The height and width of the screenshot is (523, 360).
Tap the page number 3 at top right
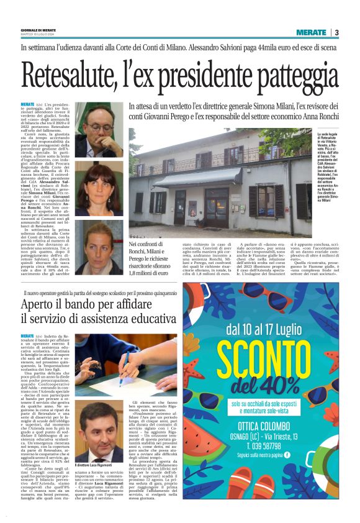click(336, 32)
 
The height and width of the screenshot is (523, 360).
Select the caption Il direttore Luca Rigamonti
click(97, 482)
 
